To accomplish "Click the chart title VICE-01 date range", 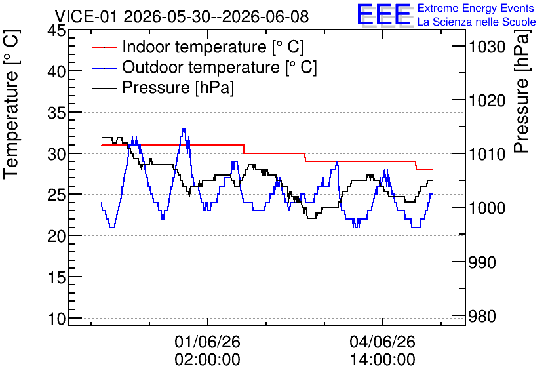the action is (182, 16).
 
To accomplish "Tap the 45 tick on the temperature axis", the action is (56, 31).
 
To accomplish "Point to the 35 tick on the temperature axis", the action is (56, 113).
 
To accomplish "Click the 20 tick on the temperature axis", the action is (56, 236).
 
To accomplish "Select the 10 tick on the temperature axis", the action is (57, 319).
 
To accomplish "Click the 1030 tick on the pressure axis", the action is (487, 47).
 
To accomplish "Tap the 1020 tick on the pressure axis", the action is (487, 101).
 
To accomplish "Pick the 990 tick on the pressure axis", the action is (482, 262).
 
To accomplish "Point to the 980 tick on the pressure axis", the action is (482, 316).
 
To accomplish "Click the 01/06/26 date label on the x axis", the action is (208, 342).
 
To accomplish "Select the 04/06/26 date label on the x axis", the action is (383, 342).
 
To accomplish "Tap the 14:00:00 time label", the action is (383, 360).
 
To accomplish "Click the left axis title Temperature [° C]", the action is (11, 104).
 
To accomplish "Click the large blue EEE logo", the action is (384, 14).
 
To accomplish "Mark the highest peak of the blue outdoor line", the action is (184, 128).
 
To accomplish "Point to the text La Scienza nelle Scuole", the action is (477, 22).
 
